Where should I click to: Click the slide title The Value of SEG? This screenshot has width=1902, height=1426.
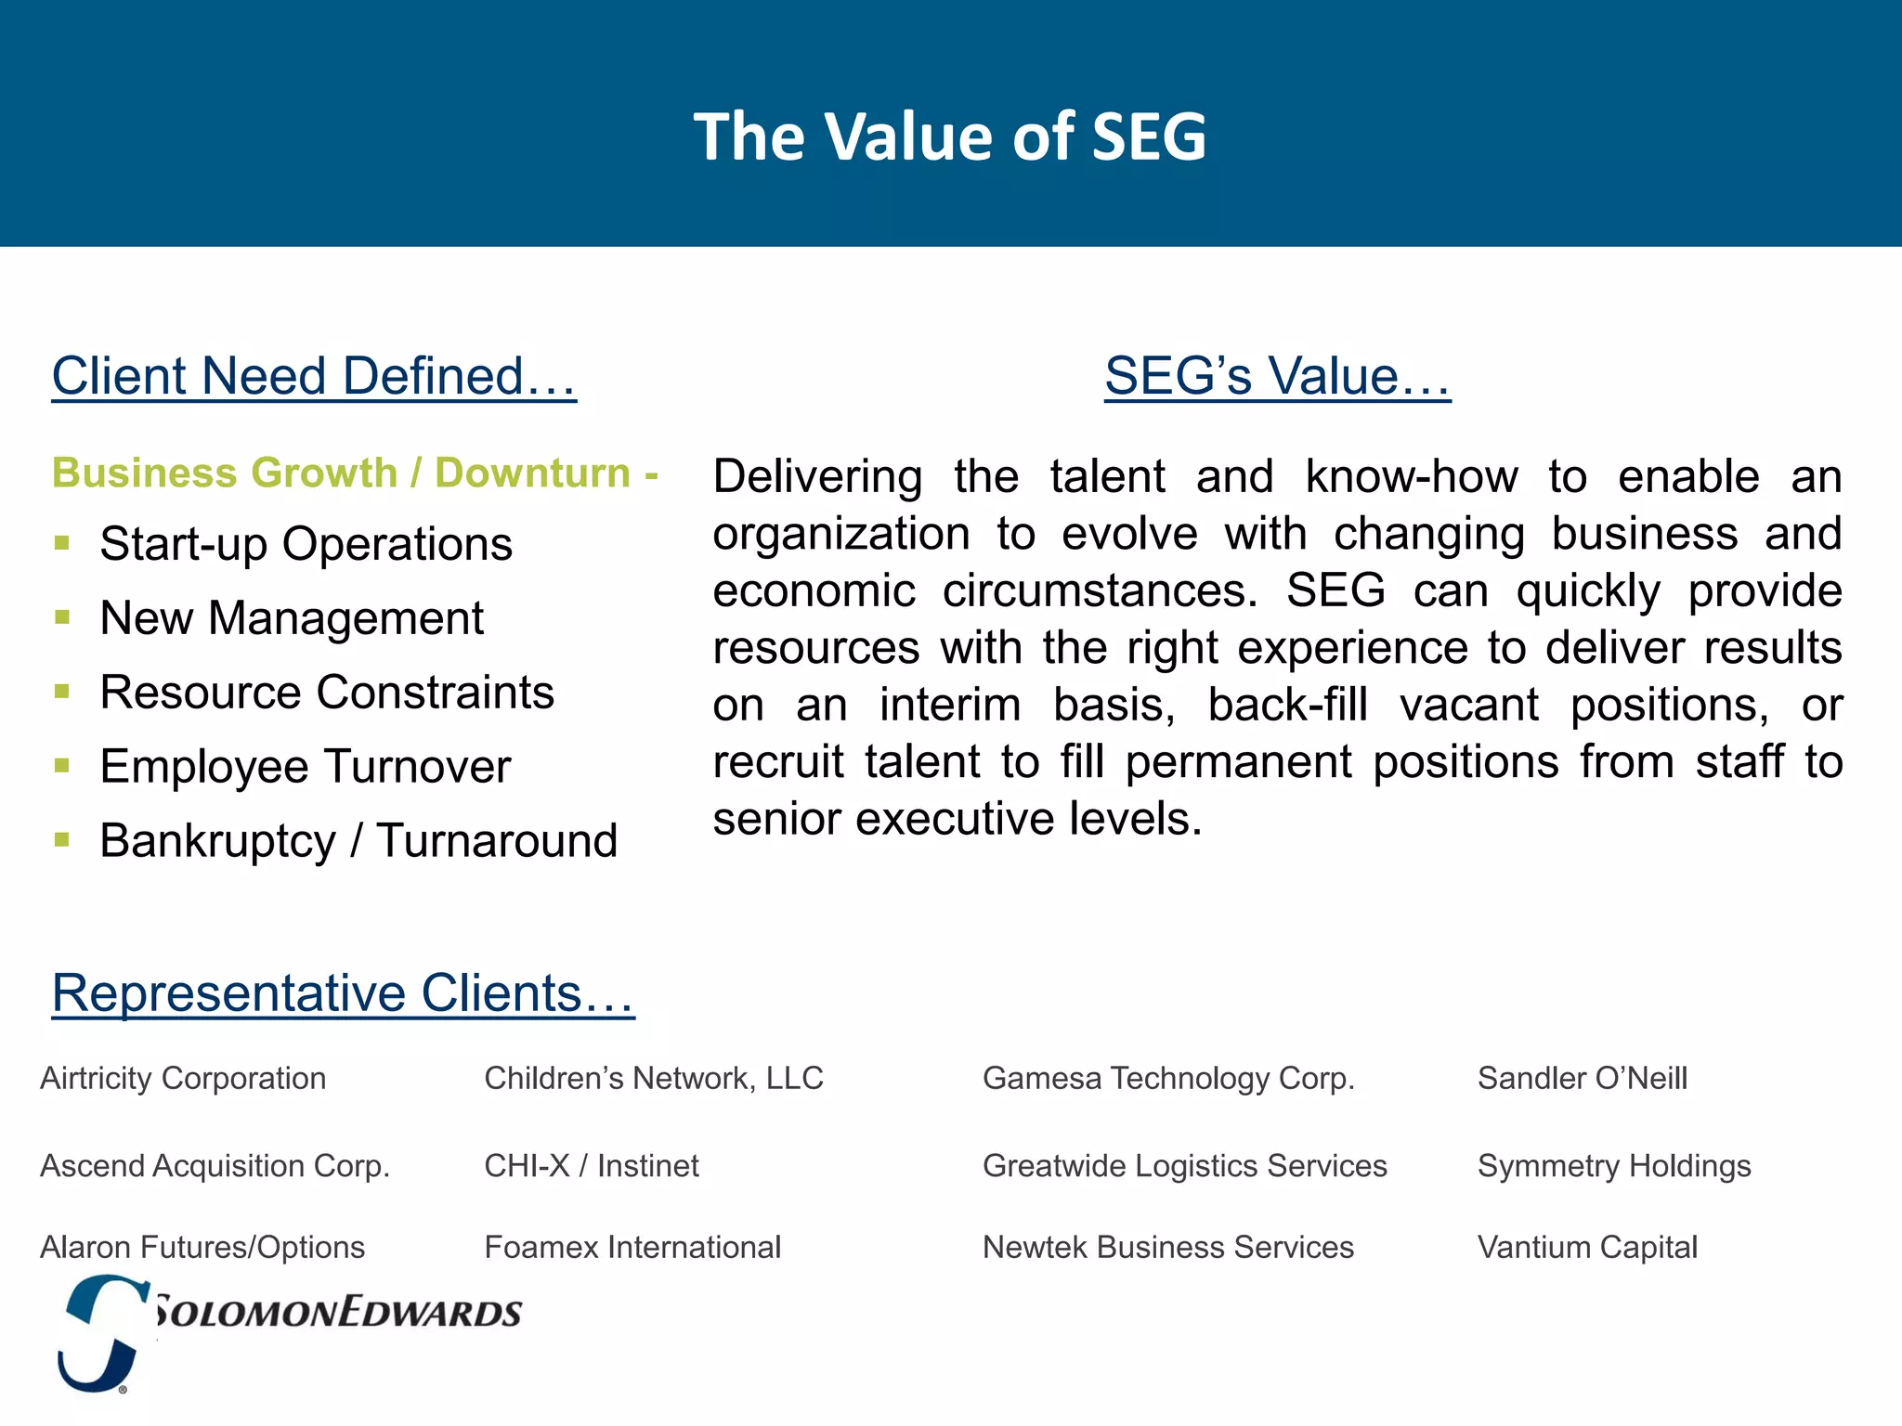click(x=950, y=136)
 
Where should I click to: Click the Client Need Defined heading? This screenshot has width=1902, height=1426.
click(x=314, y=376)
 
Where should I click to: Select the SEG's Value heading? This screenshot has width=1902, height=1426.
click(x=1277, y=376)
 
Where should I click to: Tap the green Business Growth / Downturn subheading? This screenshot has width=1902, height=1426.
click(x=355, y=473)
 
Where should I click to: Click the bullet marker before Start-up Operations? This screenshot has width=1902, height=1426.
click(x=62, y=543)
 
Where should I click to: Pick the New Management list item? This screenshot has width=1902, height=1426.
click(x=292, y=618)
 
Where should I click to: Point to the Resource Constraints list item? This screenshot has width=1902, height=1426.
click(x=327, y=693)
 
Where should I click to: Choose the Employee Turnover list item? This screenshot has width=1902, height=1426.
click(x=306, y=767)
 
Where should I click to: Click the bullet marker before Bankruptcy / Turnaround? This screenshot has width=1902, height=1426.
click(x=62, y=840)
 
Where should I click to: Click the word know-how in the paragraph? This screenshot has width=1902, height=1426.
click(x=1411, y=477)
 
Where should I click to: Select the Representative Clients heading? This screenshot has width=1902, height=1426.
click(x=343, y=993)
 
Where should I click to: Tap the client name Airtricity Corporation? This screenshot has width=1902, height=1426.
click(x=183, y=1079)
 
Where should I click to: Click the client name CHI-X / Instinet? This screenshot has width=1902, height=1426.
click(x=592, y=1166)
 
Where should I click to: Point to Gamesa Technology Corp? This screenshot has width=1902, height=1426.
click(x=1168, y=1079)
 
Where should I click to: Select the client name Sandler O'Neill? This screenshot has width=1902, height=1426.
click(x=1582, y=1079)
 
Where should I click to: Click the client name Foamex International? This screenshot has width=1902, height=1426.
click(x=632, y=1248)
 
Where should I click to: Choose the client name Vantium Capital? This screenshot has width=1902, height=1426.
click(x=1587, y=1248)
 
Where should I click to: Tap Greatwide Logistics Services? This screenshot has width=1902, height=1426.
click(x=1184, y=1166)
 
